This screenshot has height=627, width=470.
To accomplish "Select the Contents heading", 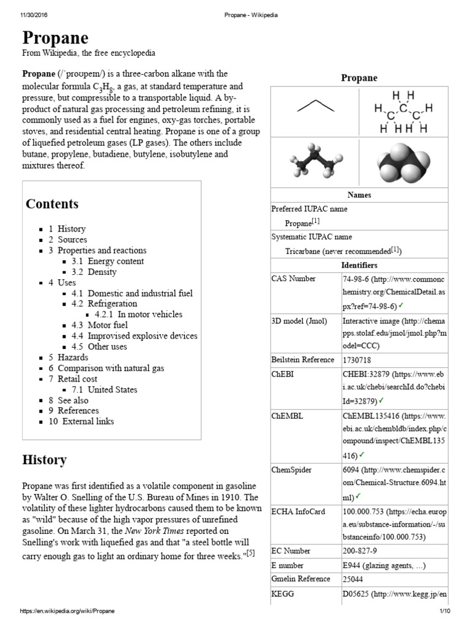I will tap(52, 204).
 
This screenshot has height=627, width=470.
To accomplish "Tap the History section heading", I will tap(45, 459).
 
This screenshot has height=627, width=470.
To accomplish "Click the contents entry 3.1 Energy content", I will tap(108, 261).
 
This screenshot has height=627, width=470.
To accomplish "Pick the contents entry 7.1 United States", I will tap(104, 389).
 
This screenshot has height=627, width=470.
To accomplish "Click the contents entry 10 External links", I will tap(80, 421).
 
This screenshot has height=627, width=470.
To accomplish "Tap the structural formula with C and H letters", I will tap(403, 112).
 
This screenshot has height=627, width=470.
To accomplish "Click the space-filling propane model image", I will tap(403, 162).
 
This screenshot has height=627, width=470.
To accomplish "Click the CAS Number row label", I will tap(294, 279).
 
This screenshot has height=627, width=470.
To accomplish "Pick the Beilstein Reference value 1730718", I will tap(357, 360).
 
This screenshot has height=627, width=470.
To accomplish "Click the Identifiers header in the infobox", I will tap(359, 265).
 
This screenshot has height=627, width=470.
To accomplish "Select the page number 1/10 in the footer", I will tap(444, 611).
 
